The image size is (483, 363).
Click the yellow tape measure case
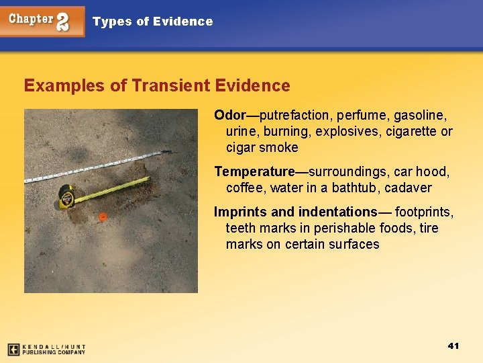tap(66, 196)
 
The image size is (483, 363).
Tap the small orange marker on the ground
tap(103, 216)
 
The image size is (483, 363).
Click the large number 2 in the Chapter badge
tap(62, 22)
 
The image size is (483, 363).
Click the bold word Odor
tap(230, 115)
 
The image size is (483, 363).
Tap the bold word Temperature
tap(254, 171)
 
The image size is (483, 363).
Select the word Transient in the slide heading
tap(171, 85)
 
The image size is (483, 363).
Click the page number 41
tap(453, 346)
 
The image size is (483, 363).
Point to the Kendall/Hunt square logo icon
tap(13, 350)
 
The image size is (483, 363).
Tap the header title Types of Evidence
tap(152, 22)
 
